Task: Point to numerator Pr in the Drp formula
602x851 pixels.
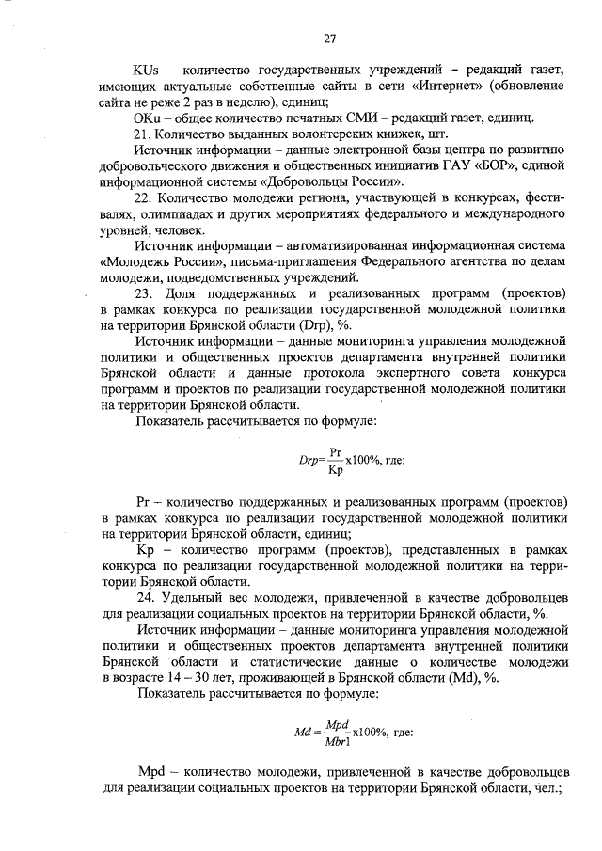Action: [337, 450]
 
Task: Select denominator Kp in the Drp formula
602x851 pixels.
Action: [336, 467]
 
